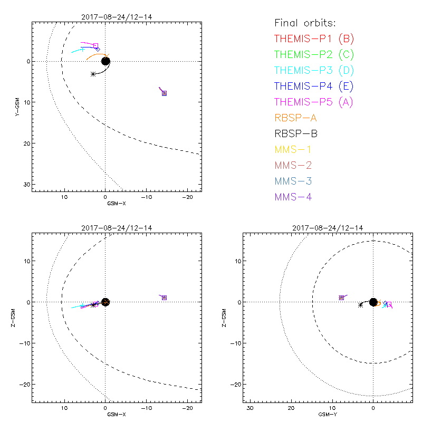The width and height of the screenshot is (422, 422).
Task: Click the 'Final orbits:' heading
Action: pos(305,23)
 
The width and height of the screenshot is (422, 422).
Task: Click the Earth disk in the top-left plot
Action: pos(105,61)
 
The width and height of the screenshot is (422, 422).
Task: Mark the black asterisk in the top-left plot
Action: pos(93,74)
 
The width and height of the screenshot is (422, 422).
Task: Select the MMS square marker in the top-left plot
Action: pos(165,93)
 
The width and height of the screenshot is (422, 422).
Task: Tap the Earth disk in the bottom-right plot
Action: pos(373,302)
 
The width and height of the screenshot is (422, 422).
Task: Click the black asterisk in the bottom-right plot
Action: pos(360,305)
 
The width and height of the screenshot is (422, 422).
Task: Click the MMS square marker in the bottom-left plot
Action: pos(164,298)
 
